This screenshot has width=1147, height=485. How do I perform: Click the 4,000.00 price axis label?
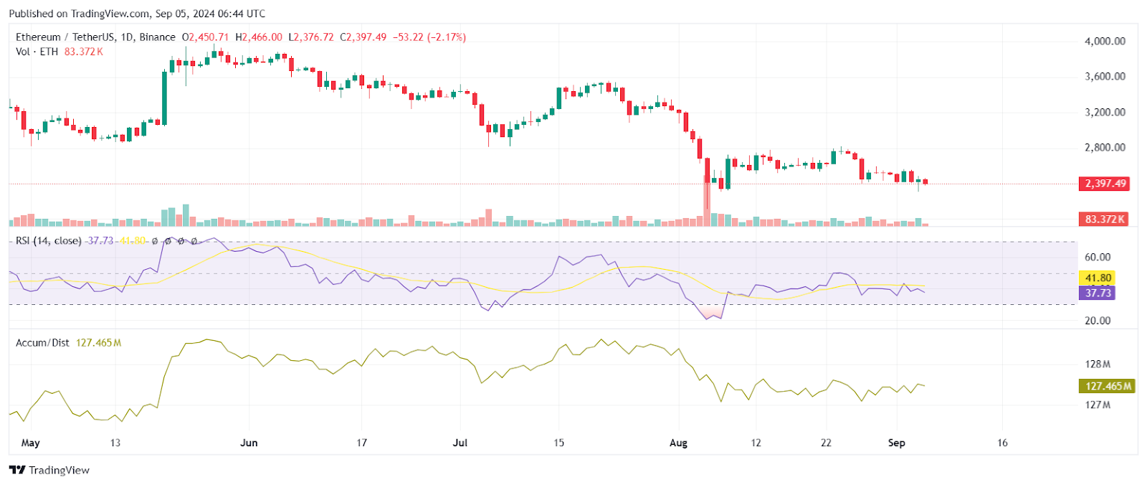(1105, 42)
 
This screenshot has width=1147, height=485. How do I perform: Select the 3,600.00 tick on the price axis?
(1105, 77)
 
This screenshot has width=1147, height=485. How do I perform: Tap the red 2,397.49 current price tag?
(1105, 184)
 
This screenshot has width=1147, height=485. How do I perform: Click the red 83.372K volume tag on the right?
(1105, 219)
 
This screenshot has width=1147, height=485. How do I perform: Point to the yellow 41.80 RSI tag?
(1098, 278)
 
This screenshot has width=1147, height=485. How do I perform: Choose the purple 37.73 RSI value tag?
(1098, 293)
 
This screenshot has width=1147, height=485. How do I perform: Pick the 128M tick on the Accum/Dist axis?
(1098, 364)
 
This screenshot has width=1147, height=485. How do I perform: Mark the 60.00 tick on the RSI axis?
(1098, 257)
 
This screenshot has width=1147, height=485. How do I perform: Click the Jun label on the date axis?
(249, 443)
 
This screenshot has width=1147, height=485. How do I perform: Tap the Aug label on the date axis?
(678, 443)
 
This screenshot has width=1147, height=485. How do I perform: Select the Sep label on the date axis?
(896, 443)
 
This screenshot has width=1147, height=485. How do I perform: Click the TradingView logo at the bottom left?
(49, 470)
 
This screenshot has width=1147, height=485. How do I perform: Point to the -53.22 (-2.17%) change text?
(429, 37)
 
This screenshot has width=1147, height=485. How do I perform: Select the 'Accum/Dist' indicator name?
(42, 343)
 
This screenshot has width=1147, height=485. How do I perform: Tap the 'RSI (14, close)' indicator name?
(49, 241)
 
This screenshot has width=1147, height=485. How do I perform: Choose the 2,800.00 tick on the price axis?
(1105, 148)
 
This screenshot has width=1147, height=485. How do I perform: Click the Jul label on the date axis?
(460, 443)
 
